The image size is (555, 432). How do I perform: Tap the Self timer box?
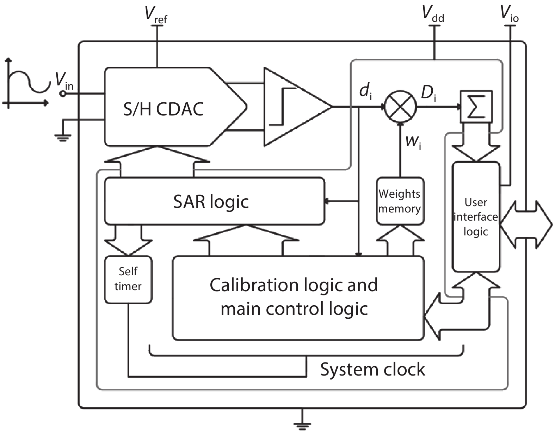[x=128, y=279]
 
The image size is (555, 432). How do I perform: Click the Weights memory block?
[x=400, y=201]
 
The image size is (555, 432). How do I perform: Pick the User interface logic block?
[x=476, y=217]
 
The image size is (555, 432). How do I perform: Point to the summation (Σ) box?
[x=476, y=107]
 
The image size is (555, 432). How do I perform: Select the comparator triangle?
[x=294, y=107]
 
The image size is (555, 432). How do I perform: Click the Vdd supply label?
[x=433, y=14]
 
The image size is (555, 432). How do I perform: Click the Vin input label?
[x=64, y=81]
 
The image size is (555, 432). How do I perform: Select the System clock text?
[x=372, y=370]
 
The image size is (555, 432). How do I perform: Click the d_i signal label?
[x=365, y=92]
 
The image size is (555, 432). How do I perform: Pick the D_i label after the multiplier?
[x=428, y=93]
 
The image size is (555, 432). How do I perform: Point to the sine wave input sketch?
[x=26, y=83]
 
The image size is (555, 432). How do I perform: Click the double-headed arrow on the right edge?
[x=526, y=224]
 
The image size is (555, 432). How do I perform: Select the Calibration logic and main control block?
[x=298, y=297]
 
